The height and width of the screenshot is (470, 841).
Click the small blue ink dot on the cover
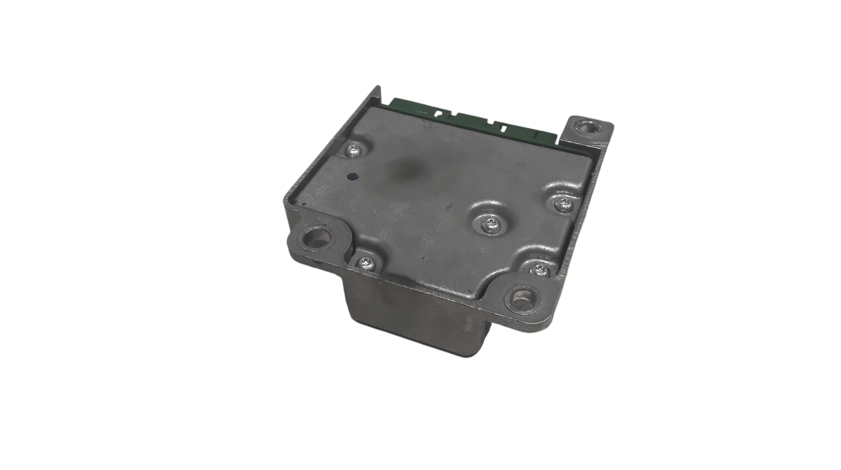tap(353, 177)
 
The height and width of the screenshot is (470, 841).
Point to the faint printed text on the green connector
tap(418, 112)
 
